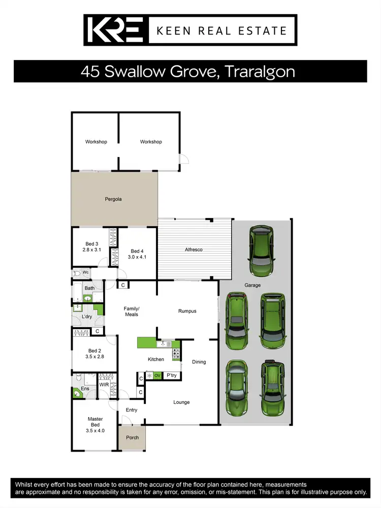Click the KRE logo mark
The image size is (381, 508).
tap(116, 30)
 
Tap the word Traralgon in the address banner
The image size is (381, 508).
tap(259, 71)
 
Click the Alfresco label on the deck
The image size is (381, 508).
tap(193, 249)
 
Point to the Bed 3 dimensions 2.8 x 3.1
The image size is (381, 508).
tap(92, 250)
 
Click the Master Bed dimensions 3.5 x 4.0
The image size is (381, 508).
tap(95, 431)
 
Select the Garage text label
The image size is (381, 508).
tap(252, 285)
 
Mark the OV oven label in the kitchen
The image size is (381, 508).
tap(157, 375)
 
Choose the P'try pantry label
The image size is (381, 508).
tap(172, 375)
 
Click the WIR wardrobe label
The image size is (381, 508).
tap(104, 385)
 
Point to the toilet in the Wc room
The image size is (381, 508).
tap(77, 272)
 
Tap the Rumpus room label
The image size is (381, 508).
tap(187, 311)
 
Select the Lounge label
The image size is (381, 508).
tap(181, 402)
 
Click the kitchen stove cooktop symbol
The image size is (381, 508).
tap(176, 354)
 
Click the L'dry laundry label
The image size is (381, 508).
tap(87, 317)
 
